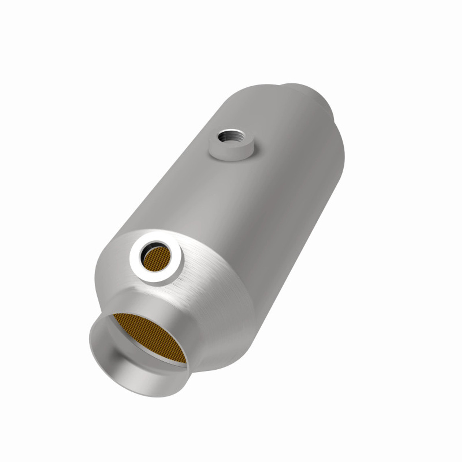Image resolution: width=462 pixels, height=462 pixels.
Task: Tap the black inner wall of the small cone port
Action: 144,249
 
